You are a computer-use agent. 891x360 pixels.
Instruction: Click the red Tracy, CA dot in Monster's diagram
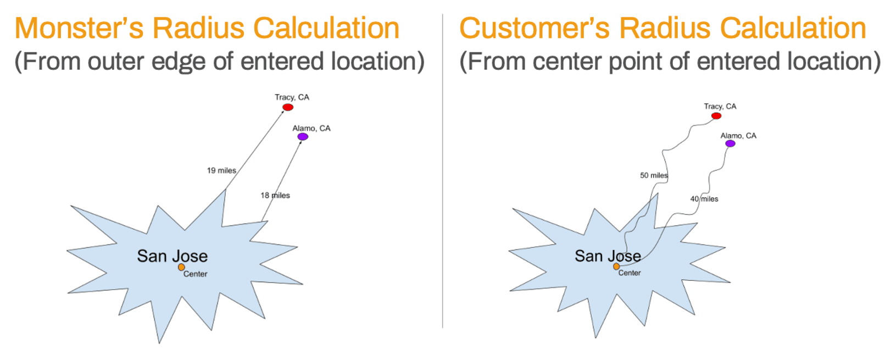tap(288, 107)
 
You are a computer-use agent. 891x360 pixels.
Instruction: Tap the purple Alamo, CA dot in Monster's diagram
tap(303, 136)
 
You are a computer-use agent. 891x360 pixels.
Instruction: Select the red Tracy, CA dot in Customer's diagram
tap(716, 116)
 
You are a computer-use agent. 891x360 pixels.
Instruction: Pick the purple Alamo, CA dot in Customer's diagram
tap(730, 143)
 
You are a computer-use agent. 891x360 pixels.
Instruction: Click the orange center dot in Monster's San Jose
tap(181, 267)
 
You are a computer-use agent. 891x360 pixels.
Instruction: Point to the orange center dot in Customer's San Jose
tap(616, 267)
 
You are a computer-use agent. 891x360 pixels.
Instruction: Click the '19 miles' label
tap(221, 170)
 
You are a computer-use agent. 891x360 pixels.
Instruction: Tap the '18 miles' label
tap(275, 195)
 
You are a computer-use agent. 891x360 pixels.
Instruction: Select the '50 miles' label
tap(654, 175)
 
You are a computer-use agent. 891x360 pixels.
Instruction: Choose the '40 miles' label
tap(704, 198)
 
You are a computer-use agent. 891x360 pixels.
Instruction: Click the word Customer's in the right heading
tap(534, 28)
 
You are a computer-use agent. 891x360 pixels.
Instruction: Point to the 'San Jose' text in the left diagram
tap(172, 256)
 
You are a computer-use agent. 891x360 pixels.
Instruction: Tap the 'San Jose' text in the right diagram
tap(608, 256)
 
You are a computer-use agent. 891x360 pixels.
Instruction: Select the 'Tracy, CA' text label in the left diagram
tap(292, 97)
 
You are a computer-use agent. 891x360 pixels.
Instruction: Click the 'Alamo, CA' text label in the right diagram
tap(738, 136)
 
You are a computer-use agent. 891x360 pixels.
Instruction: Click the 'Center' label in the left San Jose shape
tap(196, 274)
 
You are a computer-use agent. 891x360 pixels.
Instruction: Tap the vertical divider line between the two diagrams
tap(443, 171)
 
